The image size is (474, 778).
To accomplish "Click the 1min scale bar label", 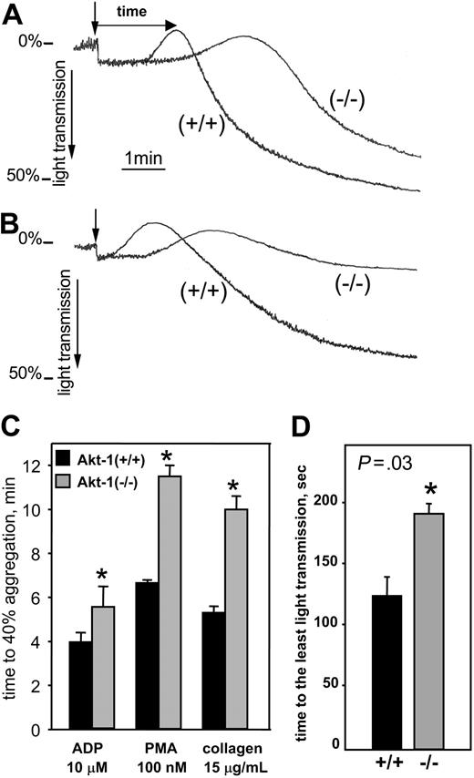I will point(144,158).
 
